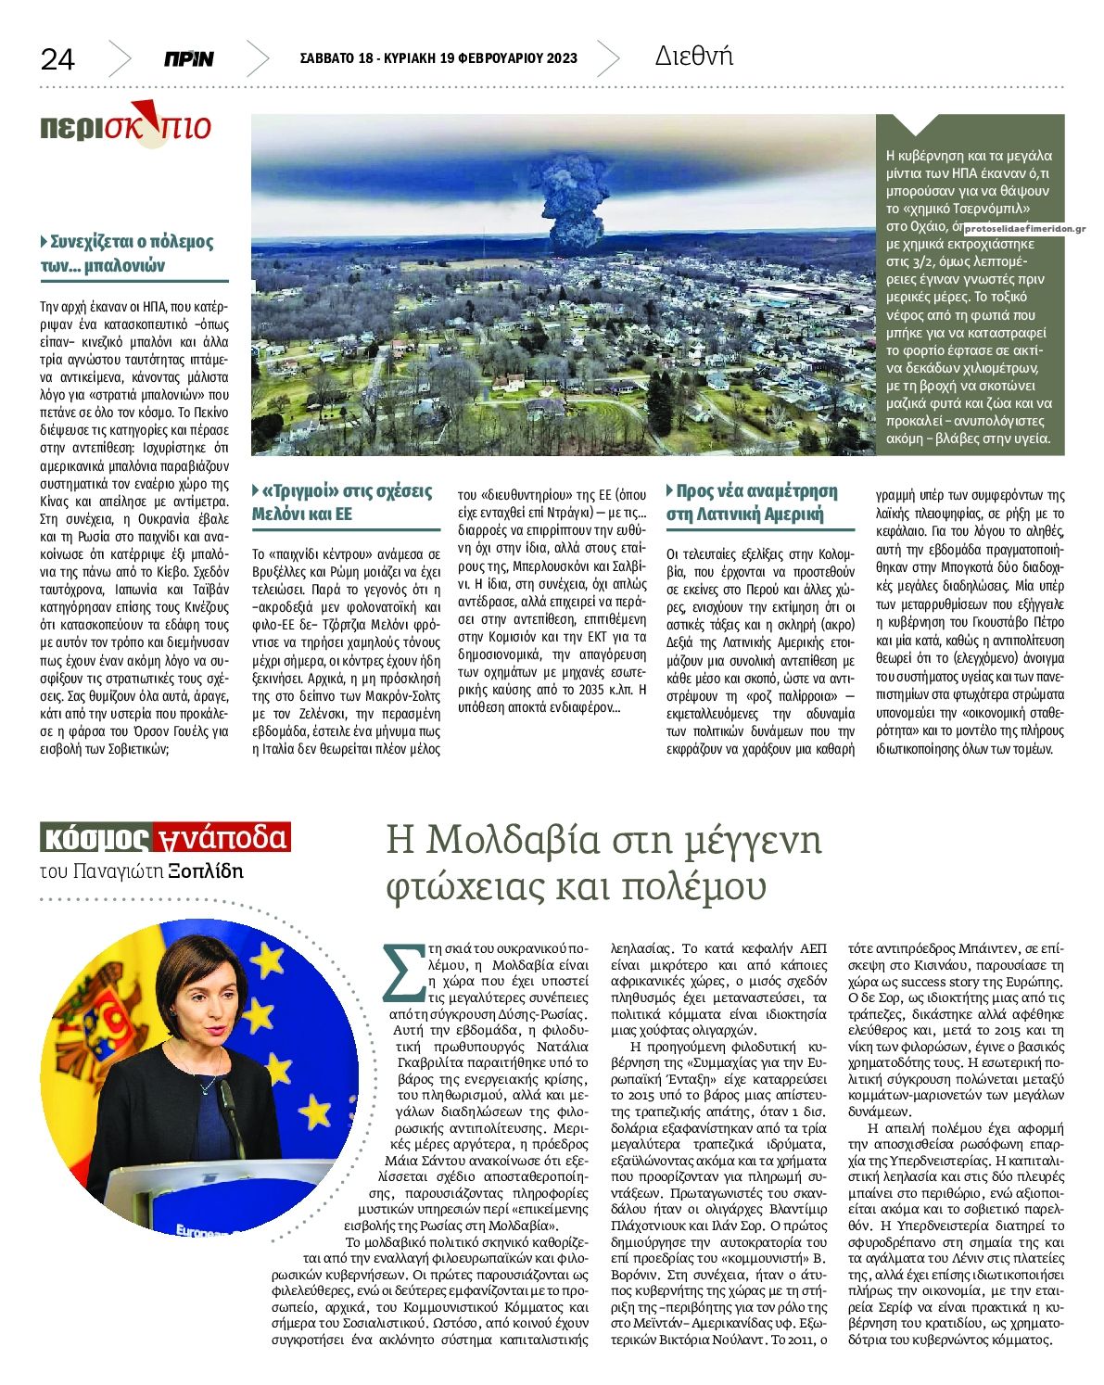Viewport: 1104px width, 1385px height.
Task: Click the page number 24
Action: [57, 59]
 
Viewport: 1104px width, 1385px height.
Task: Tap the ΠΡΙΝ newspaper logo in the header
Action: [189, 59]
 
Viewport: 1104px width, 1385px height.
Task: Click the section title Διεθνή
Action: [693, 57]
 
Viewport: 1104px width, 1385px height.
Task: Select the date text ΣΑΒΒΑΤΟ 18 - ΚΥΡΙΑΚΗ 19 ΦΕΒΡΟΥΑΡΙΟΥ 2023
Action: [438, 58]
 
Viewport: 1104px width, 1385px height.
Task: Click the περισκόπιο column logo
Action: [125, 125]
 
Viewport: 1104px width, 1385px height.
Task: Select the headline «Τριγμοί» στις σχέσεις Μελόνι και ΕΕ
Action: [344, 502]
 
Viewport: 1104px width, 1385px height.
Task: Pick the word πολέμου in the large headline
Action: [688, 887]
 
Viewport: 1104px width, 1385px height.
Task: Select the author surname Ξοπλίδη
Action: [206, 870]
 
